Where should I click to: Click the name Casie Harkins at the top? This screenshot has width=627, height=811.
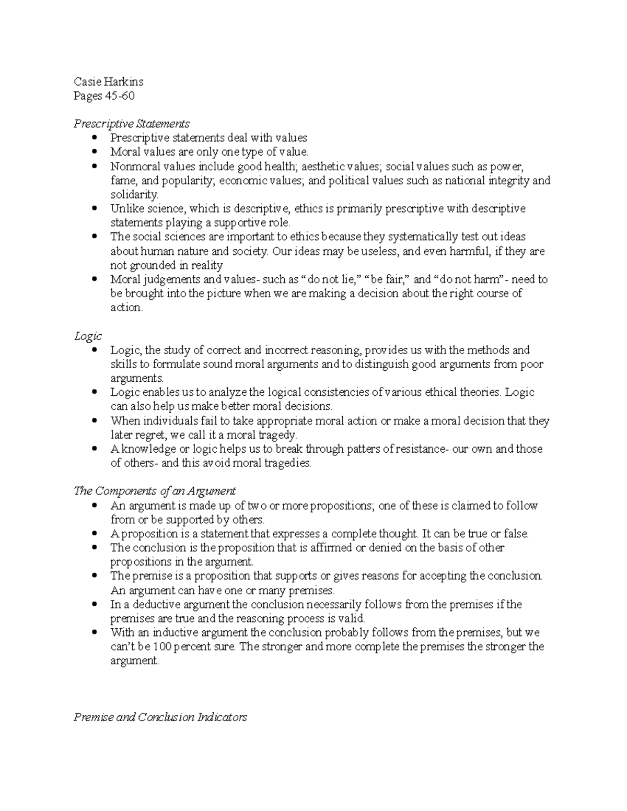(108, 81)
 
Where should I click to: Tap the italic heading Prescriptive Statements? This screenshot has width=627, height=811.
(131, 124)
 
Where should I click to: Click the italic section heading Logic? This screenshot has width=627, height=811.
(87, 336)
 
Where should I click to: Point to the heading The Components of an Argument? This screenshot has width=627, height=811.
(155, 491)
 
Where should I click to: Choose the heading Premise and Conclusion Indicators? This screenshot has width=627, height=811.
(160, 717)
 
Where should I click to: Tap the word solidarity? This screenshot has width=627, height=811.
(133, 194)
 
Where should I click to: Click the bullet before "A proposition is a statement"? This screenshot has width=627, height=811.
(94, 534)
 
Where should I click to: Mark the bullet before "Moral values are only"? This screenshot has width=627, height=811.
(94, 152)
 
